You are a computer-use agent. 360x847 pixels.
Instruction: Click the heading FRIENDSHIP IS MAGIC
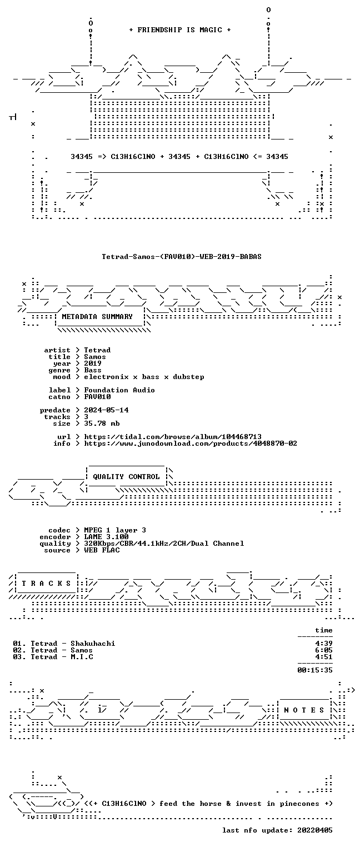(179, 30)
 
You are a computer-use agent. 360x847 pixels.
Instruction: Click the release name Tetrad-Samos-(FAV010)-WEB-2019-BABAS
(182, 257)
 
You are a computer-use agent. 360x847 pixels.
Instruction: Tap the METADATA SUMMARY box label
(97, 317)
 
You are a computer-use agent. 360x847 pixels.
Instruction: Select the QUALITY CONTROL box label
(126, 477)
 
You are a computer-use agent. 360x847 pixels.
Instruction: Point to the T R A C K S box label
(46, 584)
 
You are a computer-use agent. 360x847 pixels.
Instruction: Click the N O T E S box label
(304, 710)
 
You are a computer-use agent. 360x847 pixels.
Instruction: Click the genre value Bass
(93, 370)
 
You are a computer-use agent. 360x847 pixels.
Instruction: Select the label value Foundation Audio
(119, 390)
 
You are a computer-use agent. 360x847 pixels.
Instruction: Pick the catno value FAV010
(97, 397)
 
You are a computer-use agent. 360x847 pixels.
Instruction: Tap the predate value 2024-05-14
(106, 410)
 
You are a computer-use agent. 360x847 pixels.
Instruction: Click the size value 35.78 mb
(102, 423)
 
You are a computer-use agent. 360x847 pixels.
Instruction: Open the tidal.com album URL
(173, 437)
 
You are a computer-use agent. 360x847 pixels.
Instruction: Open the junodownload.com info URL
(191, 444)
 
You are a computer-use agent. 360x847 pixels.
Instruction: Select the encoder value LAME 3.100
(106, 537)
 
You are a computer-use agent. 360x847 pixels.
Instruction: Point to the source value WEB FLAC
(102, 550)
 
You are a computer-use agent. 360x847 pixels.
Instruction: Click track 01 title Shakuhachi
(93, 644)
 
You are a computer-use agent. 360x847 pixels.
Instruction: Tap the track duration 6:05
(324, 650)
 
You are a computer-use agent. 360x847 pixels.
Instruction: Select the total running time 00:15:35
(315, 670)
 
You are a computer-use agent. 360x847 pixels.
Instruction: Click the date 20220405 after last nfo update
(315, 830)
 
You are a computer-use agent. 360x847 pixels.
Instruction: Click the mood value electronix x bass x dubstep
(144, 377)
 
